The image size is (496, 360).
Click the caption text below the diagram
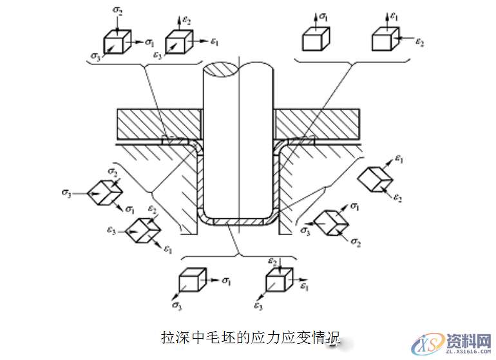(251, 337)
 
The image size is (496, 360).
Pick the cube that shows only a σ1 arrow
(316, 39)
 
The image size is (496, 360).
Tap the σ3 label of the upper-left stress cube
(95, 57)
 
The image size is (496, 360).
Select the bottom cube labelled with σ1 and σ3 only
(191, 281)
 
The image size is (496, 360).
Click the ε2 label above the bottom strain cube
(272, 260)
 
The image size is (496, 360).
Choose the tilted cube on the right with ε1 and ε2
(374, 178)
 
